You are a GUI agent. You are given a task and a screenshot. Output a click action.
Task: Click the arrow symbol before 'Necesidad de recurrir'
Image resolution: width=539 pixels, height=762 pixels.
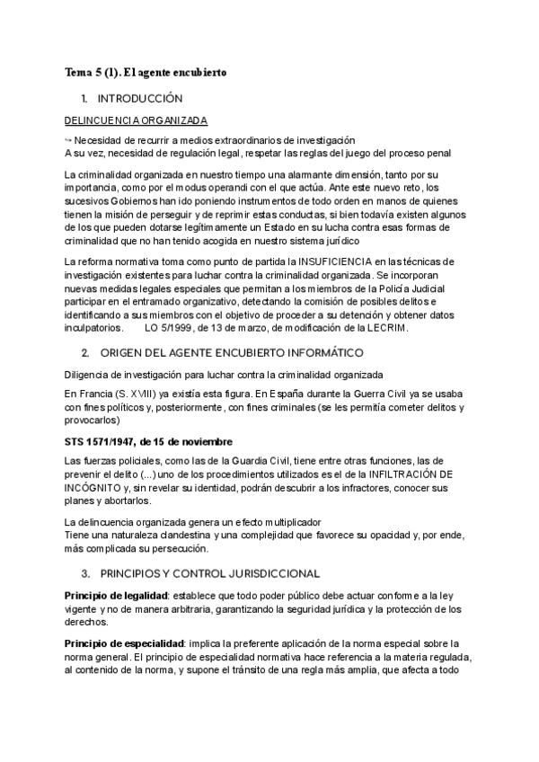(x=69, y=139)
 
